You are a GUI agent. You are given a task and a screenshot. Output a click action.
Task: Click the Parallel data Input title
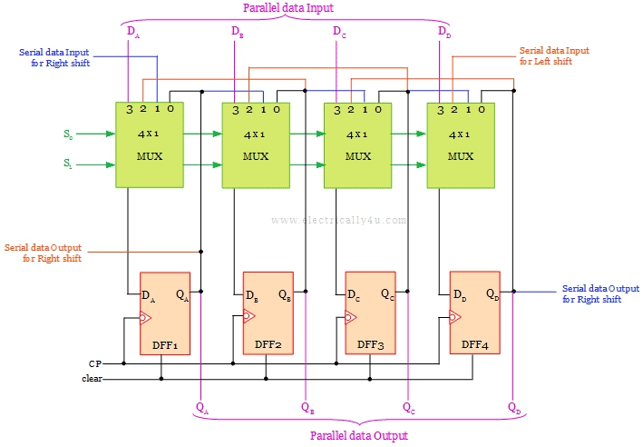point(287,8)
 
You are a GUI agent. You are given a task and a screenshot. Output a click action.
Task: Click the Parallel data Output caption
point(358,435)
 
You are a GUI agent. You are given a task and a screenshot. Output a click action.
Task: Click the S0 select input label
point(68,134)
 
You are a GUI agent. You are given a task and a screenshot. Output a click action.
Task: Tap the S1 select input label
point(68,164)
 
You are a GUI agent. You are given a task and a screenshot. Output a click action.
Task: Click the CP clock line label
point(95,363)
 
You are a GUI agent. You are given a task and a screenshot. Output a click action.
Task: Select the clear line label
point(92,378)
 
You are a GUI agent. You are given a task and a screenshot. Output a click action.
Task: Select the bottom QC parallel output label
point(409,408)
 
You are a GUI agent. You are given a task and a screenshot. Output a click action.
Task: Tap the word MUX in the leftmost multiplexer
point(151,155)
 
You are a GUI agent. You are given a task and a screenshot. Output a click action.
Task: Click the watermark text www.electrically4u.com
point(339,219)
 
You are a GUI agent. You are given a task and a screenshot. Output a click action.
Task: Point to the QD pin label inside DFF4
point(491,294)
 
